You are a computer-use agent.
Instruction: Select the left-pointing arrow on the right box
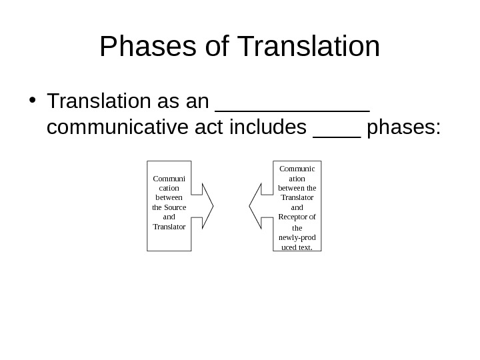pos(261,206)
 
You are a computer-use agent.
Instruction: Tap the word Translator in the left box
pos(169,227)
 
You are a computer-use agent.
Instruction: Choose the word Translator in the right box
pos(297,198)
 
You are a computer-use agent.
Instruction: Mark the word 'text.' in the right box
pos(304,247)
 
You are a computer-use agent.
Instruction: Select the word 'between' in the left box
pos(169,198)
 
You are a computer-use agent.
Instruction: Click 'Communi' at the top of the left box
pos(169,179)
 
